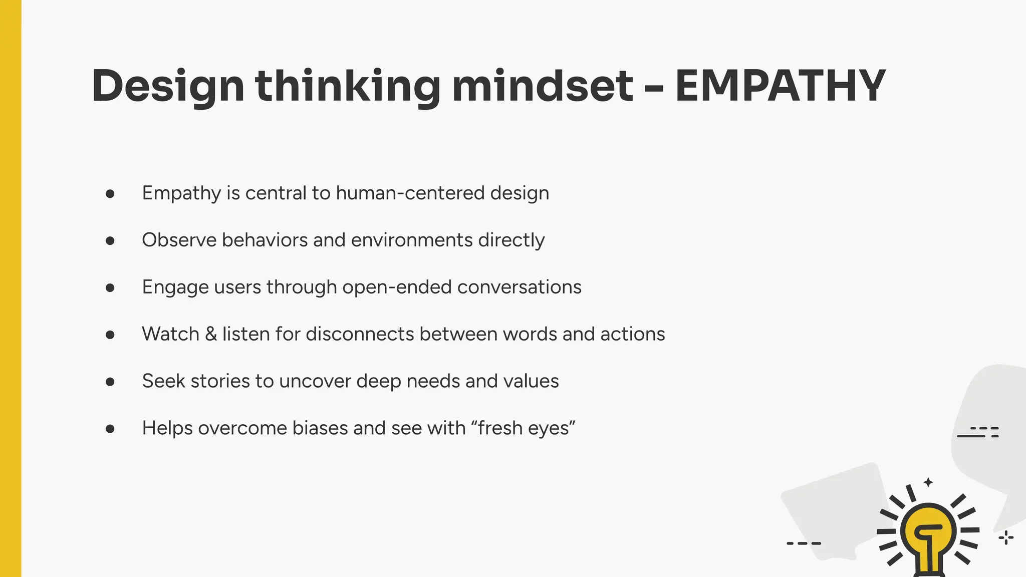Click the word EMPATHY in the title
(780, 86)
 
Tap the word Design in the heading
(168, 86)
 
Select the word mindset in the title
(543, 86)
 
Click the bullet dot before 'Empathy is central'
(110, 194)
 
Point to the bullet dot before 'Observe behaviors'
(110, 241)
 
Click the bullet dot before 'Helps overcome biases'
(110, 429)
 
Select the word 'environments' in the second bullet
(412, 240)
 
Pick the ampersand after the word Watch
(211, 334)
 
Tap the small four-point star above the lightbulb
(928, 482)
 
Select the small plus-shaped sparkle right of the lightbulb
(1006, 538)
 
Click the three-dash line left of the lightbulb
(804, 543)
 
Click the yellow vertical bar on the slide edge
(11, 288)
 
